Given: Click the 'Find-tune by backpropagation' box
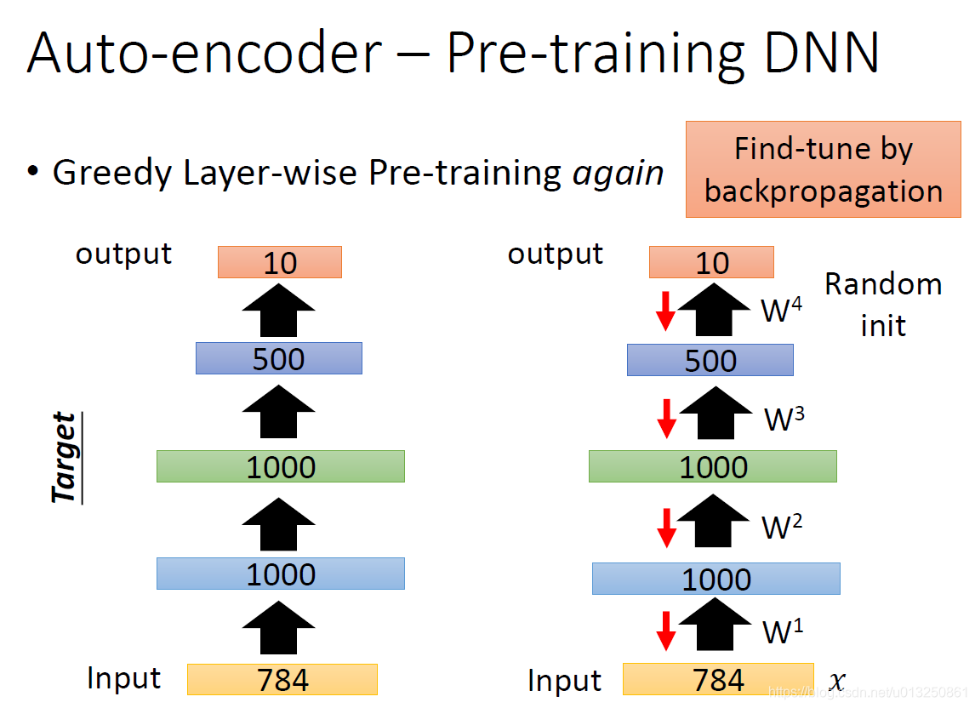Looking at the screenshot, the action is click(x=823, y=169).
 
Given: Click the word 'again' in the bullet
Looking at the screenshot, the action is click(x=618, y=173).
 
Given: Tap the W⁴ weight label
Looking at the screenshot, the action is click(x=781, y=311).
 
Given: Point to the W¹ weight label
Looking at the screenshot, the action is click(x=782, y=632).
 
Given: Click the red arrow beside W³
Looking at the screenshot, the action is click(x=667, y=417).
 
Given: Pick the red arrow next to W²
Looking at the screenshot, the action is click(x=667, y=527).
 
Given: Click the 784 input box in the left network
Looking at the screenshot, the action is click(x=282, y=680).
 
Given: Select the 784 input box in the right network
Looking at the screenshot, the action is click(x=718, y=680).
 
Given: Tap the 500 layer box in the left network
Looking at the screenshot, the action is click(x=278, y=358).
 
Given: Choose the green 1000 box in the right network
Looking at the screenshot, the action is click(x=712, y=466).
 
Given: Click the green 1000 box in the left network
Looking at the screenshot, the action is click(x=280, y=466).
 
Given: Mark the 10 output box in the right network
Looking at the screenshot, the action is click(x=711, y=262).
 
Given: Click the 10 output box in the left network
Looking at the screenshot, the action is click(x=279, y=262).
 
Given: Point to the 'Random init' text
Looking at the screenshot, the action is click(x=883, y=304).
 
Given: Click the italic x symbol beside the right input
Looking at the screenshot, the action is click(x=837, y=681).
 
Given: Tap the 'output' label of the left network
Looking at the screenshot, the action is click(x=123, y=254).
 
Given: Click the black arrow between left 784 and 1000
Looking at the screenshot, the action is click(x=278, y=625).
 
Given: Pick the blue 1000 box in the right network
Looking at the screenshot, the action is click(x=716, y=579).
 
